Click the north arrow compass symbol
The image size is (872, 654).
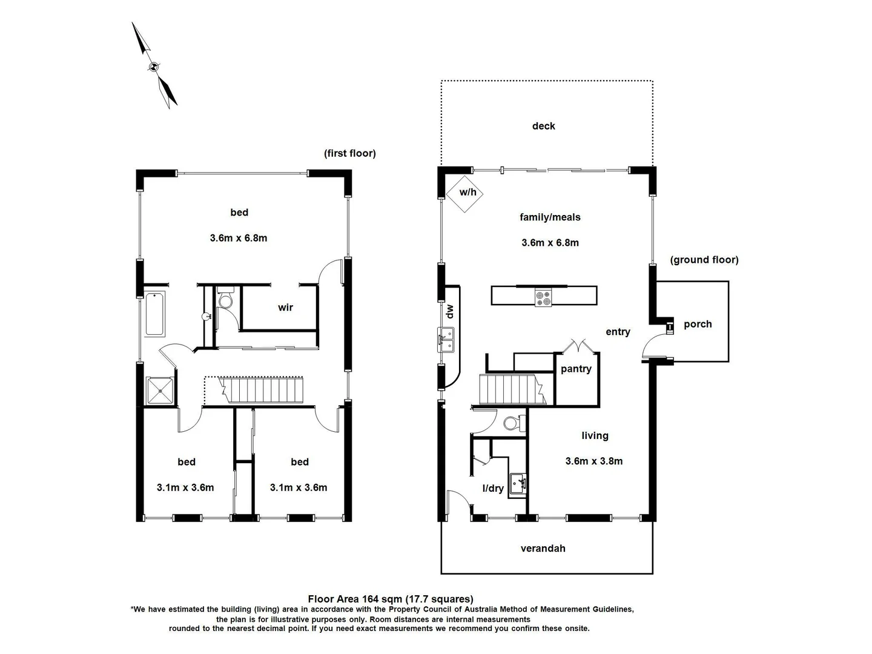click(154, 66)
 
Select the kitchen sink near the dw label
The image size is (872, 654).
click(446, 339)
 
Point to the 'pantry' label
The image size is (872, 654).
click(576, 369)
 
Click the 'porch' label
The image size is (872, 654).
click(698, 324)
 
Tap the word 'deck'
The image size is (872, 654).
click(543, 126)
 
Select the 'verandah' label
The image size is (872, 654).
click(543, 549)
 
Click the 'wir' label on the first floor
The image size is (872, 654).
click(285, 308)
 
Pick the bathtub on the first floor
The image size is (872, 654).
click(155, 314)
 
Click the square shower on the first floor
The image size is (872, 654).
click(160, 391)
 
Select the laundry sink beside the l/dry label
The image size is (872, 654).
click(518, 483)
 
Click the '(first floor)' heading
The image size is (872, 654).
click(349, 153)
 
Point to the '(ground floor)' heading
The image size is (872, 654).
click(704, 260)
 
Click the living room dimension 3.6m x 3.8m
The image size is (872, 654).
click(593, 461)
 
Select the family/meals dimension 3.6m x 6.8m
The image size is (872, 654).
click(550, 243)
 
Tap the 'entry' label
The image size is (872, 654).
click(618, 332)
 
